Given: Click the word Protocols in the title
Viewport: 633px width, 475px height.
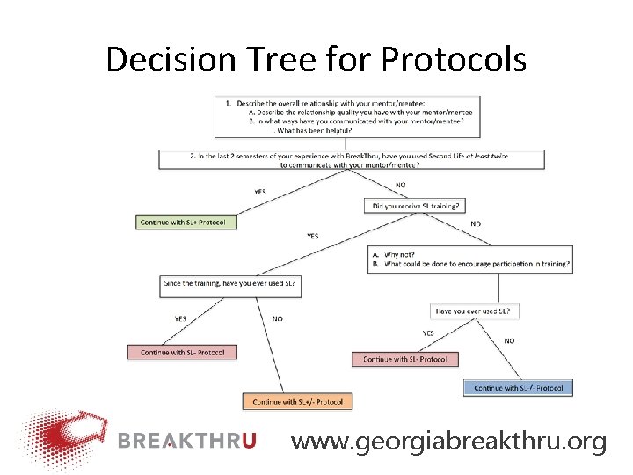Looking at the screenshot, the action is tap(454, 60).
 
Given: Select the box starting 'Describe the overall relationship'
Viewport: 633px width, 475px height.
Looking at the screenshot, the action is tap(347, 115).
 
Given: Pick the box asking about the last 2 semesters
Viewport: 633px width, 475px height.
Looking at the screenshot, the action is tap(352, 159).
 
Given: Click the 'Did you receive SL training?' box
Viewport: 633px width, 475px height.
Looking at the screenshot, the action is tap(415, 206).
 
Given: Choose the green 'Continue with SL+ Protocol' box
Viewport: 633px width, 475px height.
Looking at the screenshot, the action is tap(186, 223).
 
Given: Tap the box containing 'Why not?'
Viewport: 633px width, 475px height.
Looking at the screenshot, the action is tap(470, 259).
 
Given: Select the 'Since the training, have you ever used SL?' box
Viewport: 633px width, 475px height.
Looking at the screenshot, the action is tap(231, 284).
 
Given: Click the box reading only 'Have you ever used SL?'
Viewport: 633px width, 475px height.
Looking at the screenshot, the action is tap(477, 311).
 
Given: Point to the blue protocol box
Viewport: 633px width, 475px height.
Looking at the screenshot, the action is tap(518, 387).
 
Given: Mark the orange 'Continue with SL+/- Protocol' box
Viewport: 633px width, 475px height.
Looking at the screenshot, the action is tap(297, 401).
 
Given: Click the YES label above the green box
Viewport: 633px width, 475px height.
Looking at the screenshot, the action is tap(259, 192).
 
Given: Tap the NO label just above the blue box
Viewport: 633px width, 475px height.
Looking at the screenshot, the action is tap(510, 340).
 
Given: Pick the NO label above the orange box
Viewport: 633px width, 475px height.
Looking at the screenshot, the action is tap(277, 318).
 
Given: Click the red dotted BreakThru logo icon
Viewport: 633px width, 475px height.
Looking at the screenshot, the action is tap(63, 439).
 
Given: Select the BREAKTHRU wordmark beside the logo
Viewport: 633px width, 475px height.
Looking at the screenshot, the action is tap(187, 441).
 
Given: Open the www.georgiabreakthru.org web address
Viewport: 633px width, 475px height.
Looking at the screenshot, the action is tap(448, 441).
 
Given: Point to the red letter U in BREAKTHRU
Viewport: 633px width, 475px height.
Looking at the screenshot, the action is tap(248, 441).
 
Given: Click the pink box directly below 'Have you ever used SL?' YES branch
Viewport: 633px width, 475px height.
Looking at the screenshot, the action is tap(404, 359).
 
